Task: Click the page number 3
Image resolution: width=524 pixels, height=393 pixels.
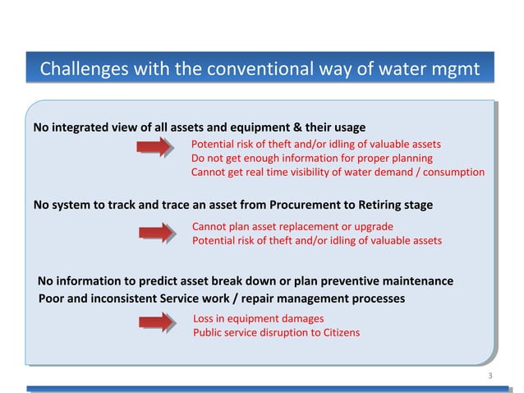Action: pyautogui.click(x=490, y=377)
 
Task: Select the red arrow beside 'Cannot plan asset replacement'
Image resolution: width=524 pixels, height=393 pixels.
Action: pyautogui.click(x=156, y=233)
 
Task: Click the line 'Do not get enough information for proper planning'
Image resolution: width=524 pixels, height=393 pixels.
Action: pyautogui.click(x=311, y=158)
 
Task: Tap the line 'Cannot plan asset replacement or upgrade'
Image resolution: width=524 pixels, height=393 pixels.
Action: pyautogui.click(x=292, y=226)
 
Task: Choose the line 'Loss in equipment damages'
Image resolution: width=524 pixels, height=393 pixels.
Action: pyautogui.click(x=258, y=318)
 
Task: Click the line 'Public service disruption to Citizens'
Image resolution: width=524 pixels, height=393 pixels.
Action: pyautogui.click(x=276, y=333)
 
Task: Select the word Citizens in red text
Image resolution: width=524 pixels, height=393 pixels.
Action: pyautogui.click(x=339, y=333)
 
